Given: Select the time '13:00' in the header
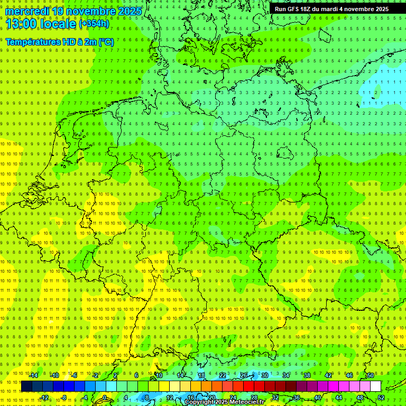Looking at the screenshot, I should point(21,23).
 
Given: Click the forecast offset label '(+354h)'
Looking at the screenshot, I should point(95,24).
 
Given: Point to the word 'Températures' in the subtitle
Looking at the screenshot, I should point(32,42).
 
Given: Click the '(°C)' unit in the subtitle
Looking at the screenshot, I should point(106,42).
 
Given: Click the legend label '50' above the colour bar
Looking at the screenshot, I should point(370,375).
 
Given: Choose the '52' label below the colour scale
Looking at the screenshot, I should point(381,398).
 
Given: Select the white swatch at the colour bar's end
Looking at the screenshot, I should point(375,386).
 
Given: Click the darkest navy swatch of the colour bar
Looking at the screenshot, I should point(26,386).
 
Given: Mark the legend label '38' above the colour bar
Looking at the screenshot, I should point(307,375).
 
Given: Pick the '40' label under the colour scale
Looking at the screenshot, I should point(317,398).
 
